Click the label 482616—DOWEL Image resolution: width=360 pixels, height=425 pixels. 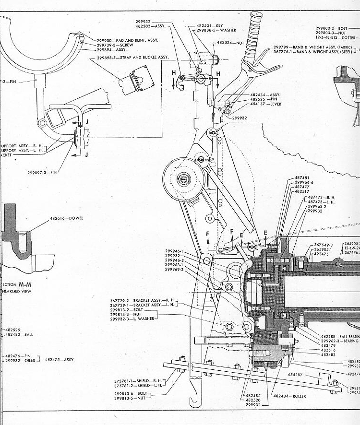(66, 218)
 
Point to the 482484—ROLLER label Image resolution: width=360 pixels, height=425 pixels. (289, 396)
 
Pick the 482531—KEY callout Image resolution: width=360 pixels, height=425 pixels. (210, 25)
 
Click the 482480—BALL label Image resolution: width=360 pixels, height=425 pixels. (19, 335)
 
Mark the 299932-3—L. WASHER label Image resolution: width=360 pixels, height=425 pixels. (130, 319)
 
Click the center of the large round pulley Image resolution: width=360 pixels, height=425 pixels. (184, 180)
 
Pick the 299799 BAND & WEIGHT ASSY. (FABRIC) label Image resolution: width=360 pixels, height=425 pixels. (312, 47)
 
